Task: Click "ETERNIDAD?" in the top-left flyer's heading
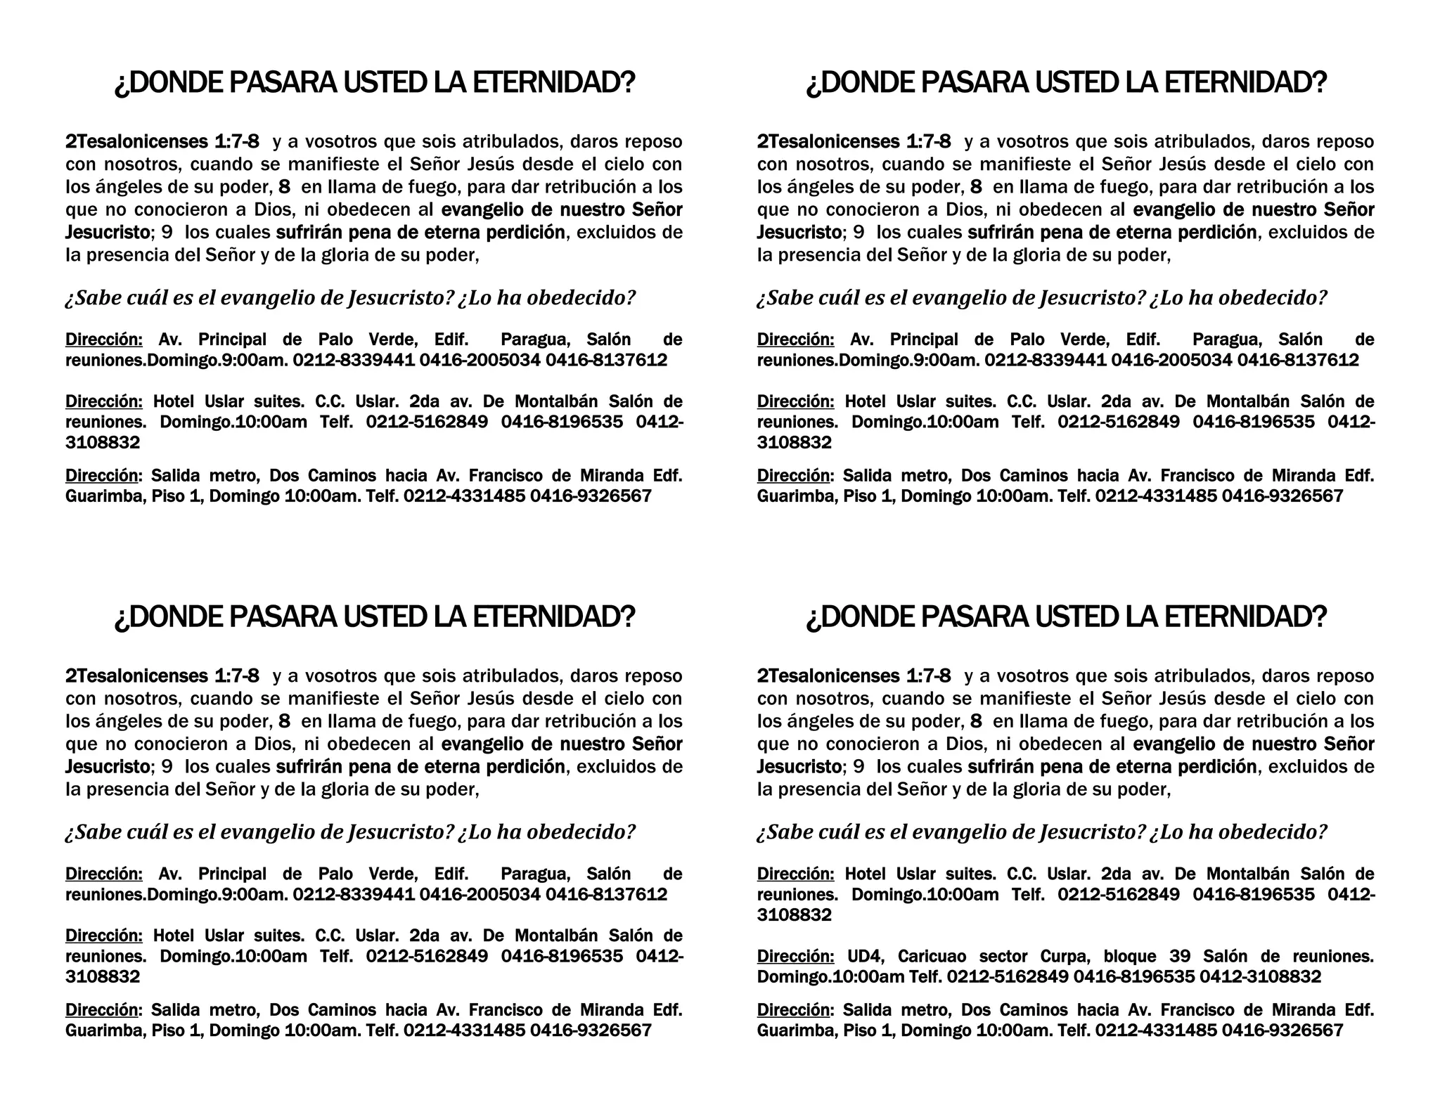(x=553, y=83)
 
